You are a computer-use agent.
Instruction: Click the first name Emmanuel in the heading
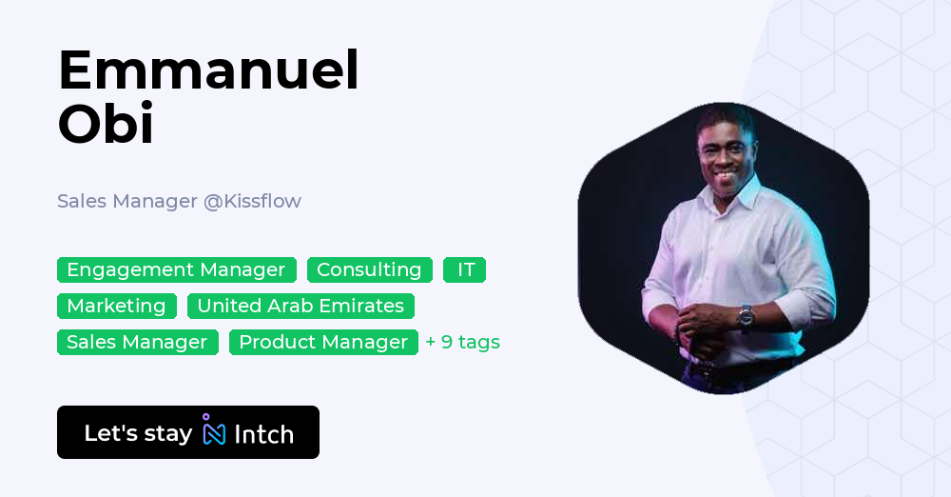pos(208,70)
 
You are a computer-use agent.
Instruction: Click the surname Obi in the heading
pos(106,125)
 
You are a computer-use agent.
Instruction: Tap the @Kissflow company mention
pos(252,201)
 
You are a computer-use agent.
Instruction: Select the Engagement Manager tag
pos(176,269)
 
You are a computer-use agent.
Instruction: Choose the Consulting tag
pos(369,269)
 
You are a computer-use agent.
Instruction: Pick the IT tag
pos(465,269)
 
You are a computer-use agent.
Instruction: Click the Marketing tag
pos(116,306)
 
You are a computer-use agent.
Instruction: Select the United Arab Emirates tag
pos(301,306)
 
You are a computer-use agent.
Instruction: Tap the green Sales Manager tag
pos(137,342)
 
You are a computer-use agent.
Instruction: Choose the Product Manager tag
pos(323,342)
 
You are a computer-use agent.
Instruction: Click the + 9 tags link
pos(462,342)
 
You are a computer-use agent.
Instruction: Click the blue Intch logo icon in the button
pos(214,431)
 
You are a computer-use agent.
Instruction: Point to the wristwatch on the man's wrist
pos(746,315)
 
